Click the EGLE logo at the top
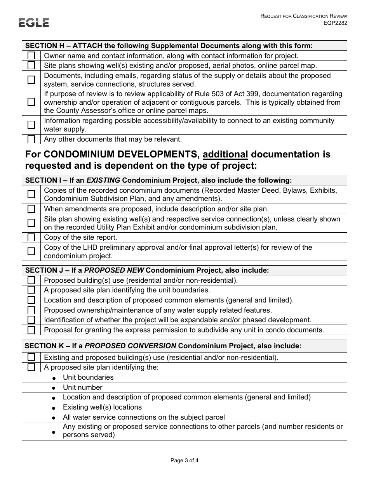(34, 23)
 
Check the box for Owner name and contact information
(31, 55)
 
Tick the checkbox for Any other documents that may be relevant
(31, 139)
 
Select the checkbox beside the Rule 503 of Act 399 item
(31, 102)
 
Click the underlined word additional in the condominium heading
(225, 154)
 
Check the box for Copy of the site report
(31, 237)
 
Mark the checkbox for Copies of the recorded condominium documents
(31, 194)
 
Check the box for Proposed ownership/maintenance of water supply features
(31, 310)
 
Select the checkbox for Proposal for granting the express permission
(31, 330)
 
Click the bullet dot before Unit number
(54, 388)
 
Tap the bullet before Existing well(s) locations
(54, 408)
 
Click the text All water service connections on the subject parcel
(144, 417)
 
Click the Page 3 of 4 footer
(184, 461)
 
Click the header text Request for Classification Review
(303, 16)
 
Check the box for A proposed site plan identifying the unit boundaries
(31, 290)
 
